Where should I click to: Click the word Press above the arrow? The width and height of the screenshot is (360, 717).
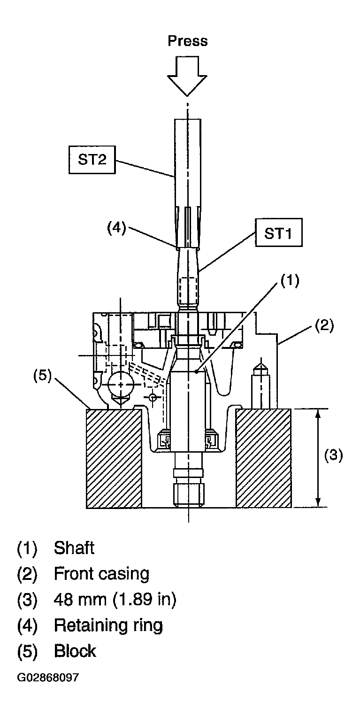point(188,41)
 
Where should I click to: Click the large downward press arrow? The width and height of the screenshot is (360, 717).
point(188,76)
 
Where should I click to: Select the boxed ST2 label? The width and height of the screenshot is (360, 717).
point(92,159)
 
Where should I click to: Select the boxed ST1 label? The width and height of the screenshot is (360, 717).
point(278,232)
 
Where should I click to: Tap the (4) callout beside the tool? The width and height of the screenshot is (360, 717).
point(116,229)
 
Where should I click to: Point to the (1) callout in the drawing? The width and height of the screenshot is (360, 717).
point(290,280)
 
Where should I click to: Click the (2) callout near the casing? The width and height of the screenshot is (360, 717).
point(324,325)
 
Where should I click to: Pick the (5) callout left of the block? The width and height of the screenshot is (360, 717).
point(43,376)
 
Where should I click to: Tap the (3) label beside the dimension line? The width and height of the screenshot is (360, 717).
point(333,455)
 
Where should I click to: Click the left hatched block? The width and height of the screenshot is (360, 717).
point(114,458)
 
